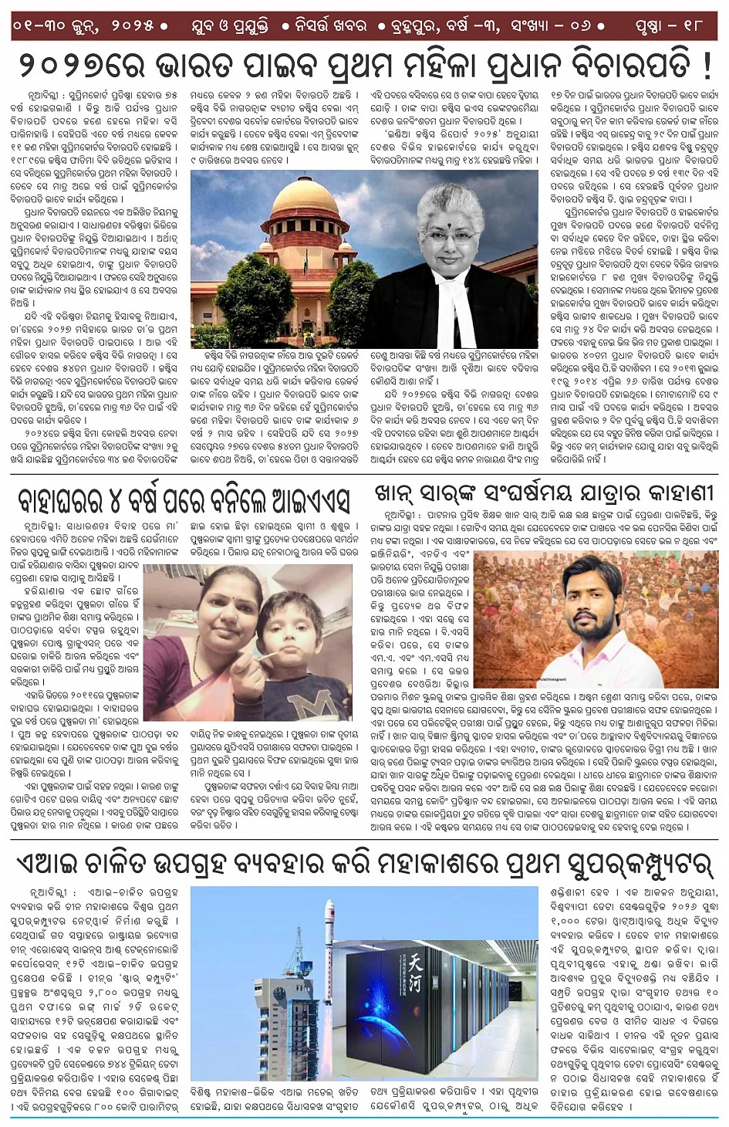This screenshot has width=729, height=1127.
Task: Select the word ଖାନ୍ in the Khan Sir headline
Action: tap(397, 493)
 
